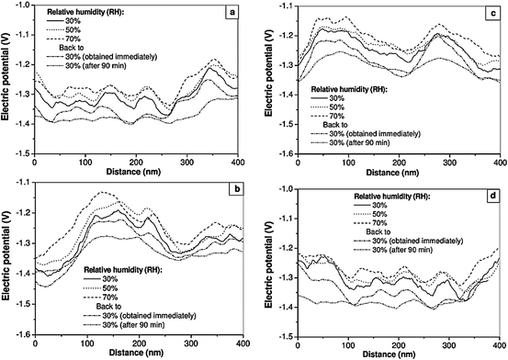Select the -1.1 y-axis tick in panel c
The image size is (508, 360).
click(x=279, y=6)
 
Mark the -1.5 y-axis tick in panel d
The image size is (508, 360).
click(x=279, y=338)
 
